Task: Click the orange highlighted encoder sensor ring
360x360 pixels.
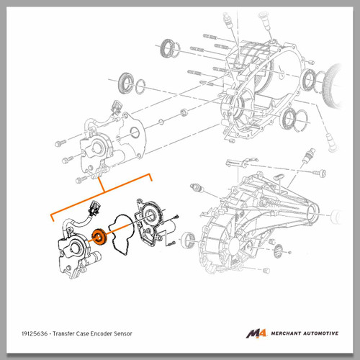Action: pos(99,237)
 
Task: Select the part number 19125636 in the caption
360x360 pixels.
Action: pos(35,333)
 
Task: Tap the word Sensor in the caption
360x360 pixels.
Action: pos(123,333)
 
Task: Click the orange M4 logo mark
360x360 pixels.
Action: pos(256,333)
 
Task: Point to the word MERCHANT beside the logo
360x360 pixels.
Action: pos(286,333)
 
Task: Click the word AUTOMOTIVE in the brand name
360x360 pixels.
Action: pos(321,333)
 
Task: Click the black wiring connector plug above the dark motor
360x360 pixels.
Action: pos(94,207)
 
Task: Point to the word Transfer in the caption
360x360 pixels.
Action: pos(63,333)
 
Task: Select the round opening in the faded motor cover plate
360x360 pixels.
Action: pos(135,132)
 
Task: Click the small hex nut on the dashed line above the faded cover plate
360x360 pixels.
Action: pos(184,112)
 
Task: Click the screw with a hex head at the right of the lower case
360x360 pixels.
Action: pos(319,173)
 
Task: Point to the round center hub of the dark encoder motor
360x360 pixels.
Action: pos(75,248)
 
